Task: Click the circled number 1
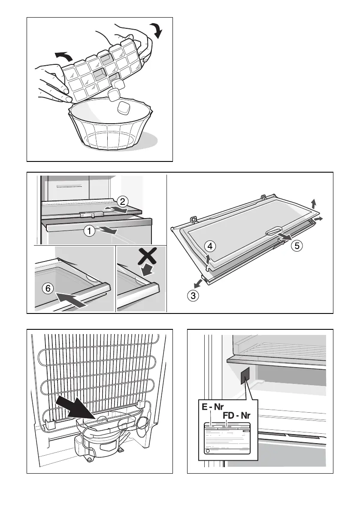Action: (x=89, y=231)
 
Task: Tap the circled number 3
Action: (x=194, y=295)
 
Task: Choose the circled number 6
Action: (x=48, y=289)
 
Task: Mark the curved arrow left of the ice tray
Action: (x=64, y=55)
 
